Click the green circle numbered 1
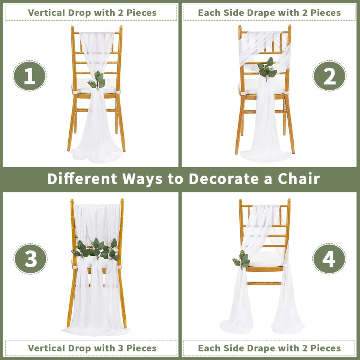pyautogui.click(x=30, y=76)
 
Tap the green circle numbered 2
pyautogui.click(x=330, y=76)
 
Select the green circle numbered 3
pyautogui.click(x=30, y=259)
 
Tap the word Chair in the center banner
pyautogui.click(x=299, y=179)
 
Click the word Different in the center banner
pyautogui.click(x=82, y=179)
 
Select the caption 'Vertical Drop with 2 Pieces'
pyautogui.click(x=92, y=12)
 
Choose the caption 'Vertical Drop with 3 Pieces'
pyautogui.click(x=92, y=348)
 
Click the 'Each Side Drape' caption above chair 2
pyautogui.click(x=269, y=12)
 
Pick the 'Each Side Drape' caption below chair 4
pyautogui.click(x=269, y=348)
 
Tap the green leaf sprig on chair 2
pyautogui.click(x=267, y=69)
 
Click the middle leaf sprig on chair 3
pyautogui.click(x=97, y=249)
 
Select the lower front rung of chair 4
pyautogui.click(x=264, y=283)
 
